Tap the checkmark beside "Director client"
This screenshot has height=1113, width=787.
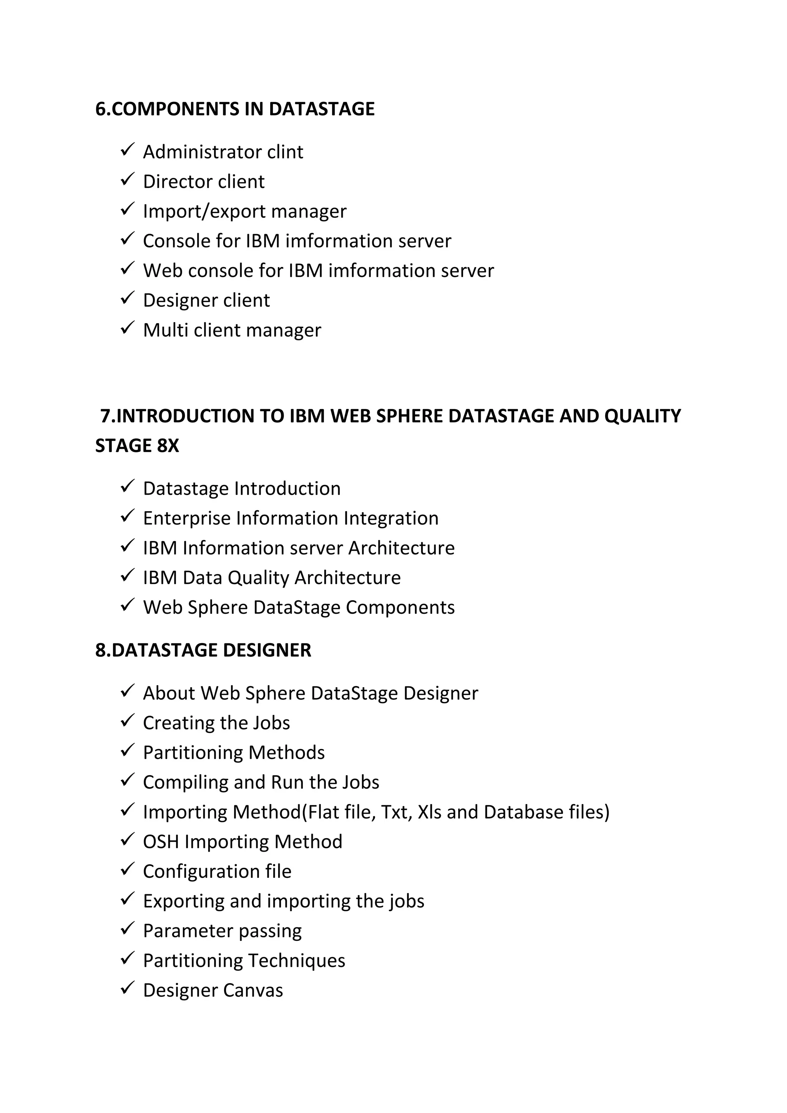tap(127, 180)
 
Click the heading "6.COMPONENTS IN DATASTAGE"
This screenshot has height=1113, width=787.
tap(235, 109)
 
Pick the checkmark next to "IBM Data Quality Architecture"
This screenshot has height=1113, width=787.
tap(127, 576)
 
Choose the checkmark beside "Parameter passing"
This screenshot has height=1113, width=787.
tap(127, 930)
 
